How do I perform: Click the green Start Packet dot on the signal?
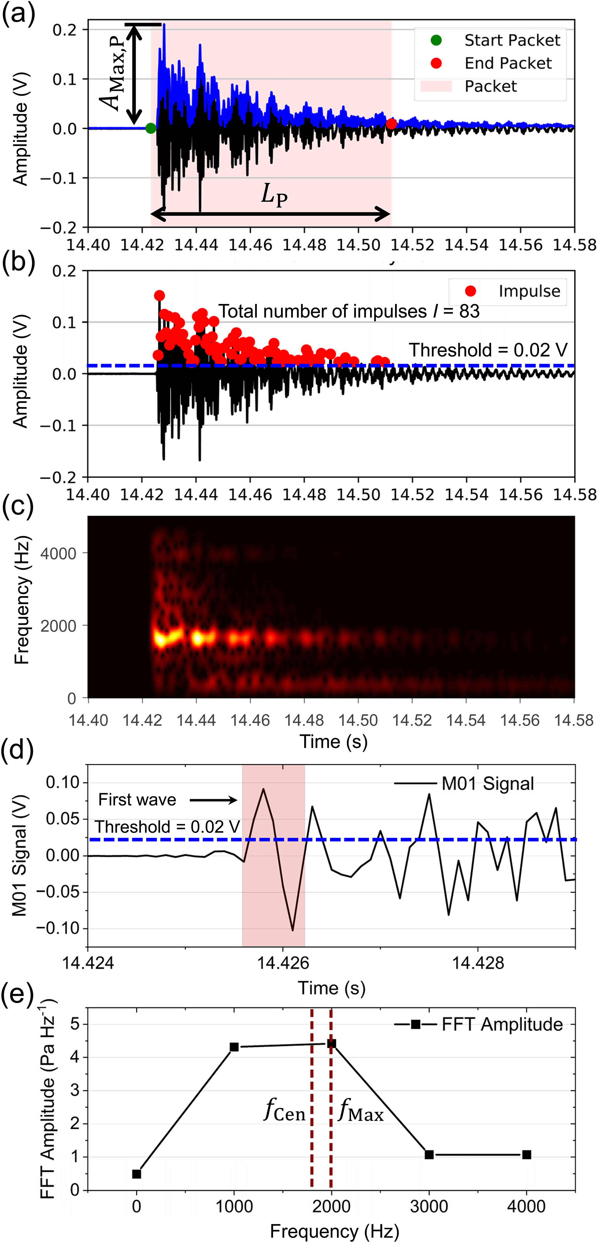pyautogui.click(x=151, y=128)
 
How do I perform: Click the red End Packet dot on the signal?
pyautogui.click(x=391, y=124)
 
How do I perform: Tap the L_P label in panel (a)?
pyautogui.click(x=274, y=195)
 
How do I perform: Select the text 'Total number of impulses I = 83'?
pyautogui.click(x=349, y=311)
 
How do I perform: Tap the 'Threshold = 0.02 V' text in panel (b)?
pyautogui.click(x=488, y=350)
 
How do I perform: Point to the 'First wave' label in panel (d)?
pyautogui.click(x=137, y=800)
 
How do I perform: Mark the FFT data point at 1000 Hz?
pyautogui.click(x=234, y=1047)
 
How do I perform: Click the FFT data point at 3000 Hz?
pyautogui.click(x=429, y=1155)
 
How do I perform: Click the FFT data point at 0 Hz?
pyautogui.click(x=136, y=1174)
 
